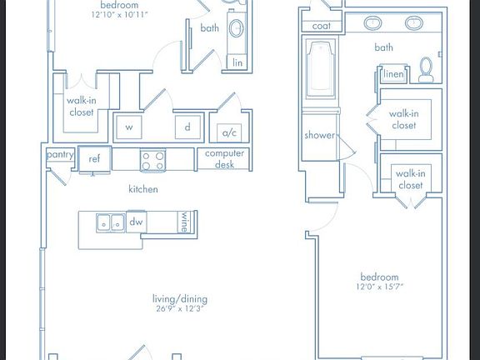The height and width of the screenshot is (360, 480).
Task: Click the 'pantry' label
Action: coord(60,154)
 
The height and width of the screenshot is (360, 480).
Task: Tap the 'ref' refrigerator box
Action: coord(94,158)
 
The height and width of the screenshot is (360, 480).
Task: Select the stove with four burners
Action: coord(152,159)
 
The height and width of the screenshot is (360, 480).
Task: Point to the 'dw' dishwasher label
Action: coord(137,222)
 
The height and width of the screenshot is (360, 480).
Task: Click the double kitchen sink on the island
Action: coord(110,222)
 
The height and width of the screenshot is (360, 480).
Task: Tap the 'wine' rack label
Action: coord(184,222)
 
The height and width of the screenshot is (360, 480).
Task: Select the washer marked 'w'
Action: coord(128,127)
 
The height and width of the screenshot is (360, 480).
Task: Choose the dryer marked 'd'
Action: coord(187,127)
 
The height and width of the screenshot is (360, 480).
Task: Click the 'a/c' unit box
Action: coord(227,132)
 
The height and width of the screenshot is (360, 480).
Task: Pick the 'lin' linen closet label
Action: coord(237,62)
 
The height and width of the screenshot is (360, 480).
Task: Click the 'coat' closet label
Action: coord(322,27)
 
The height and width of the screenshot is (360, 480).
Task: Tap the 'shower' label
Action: coord(319,135)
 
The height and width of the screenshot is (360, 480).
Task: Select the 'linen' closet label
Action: coord(393,75)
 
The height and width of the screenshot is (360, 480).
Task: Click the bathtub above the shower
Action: coord(320,71)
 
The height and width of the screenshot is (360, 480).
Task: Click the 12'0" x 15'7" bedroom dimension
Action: coord(379,287)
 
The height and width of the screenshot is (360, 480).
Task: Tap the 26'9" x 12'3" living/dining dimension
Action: coord(179,309)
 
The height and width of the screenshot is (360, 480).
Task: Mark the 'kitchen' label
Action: coord(142,189)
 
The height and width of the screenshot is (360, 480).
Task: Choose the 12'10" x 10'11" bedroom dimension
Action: coord(114,14)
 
